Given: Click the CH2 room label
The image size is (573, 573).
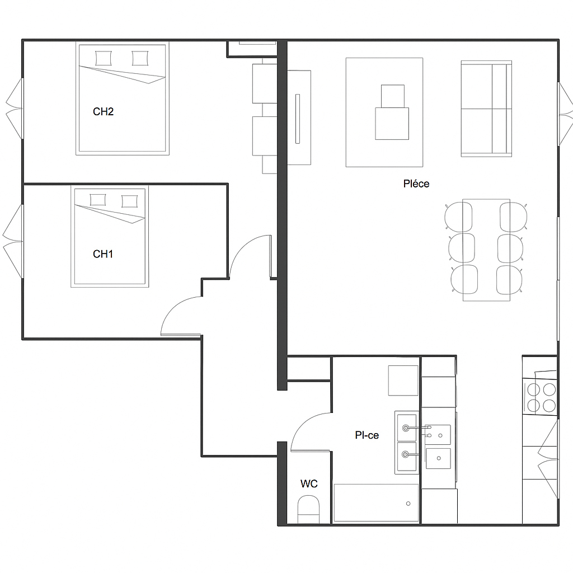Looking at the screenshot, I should [x=103, y=112].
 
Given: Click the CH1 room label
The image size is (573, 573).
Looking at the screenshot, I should [x=103, y=255].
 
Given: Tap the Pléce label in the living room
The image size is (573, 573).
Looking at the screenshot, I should [x=416, y=184].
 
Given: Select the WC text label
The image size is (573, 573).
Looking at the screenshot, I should [x=309, y=483].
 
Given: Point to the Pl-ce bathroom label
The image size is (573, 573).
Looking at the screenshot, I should [x=367, y=435].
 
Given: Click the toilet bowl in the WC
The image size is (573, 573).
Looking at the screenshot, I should [x=308, y=510].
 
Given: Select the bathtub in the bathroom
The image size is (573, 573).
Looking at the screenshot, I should [x=376, y=503].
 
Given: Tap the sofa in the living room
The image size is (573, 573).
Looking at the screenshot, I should [x=486, y=109].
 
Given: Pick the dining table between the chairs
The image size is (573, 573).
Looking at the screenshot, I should [x=486, y=249].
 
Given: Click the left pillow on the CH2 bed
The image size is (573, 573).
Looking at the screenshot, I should [x=104, y=58].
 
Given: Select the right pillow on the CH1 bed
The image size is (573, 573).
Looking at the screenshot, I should [x=129, y=201].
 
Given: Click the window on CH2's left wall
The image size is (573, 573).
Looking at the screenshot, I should [x=15, y=109].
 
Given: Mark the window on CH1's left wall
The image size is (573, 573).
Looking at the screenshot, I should [x=14, y=241].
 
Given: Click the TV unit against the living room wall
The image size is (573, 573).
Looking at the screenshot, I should [x=299, y=118].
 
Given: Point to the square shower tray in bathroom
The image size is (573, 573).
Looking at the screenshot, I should [x=403, y=381].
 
